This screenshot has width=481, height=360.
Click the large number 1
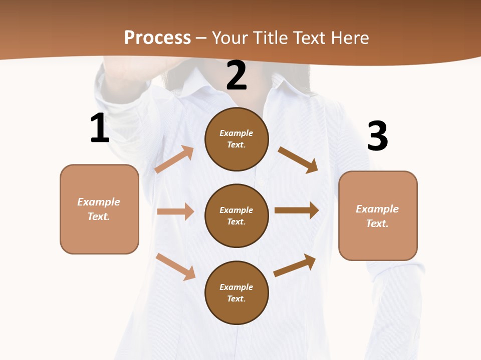coord(100,128)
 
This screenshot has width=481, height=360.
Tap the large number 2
coord(236,75)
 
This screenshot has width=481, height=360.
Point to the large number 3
coord(378,136)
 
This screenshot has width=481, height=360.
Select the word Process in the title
coord(157,37)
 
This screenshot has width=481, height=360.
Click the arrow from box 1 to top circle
coord(174,159)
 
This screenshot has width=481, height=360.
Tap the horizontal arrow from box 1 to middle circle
coord(175,211)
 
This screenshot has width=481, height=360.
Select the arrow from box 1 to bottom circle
coord(175,266)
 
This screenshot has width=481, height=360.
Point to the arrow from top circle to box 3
coord(298,159)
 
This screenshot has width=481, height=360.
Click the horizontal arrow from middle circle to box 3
coord(297,210)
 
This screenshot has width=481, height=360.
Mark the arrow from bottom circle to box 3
coord(295,265)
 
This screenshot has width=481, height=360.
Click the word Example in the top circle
coord(236,133)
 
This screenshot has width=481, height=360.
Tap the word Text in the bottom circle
coord(235,298)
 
